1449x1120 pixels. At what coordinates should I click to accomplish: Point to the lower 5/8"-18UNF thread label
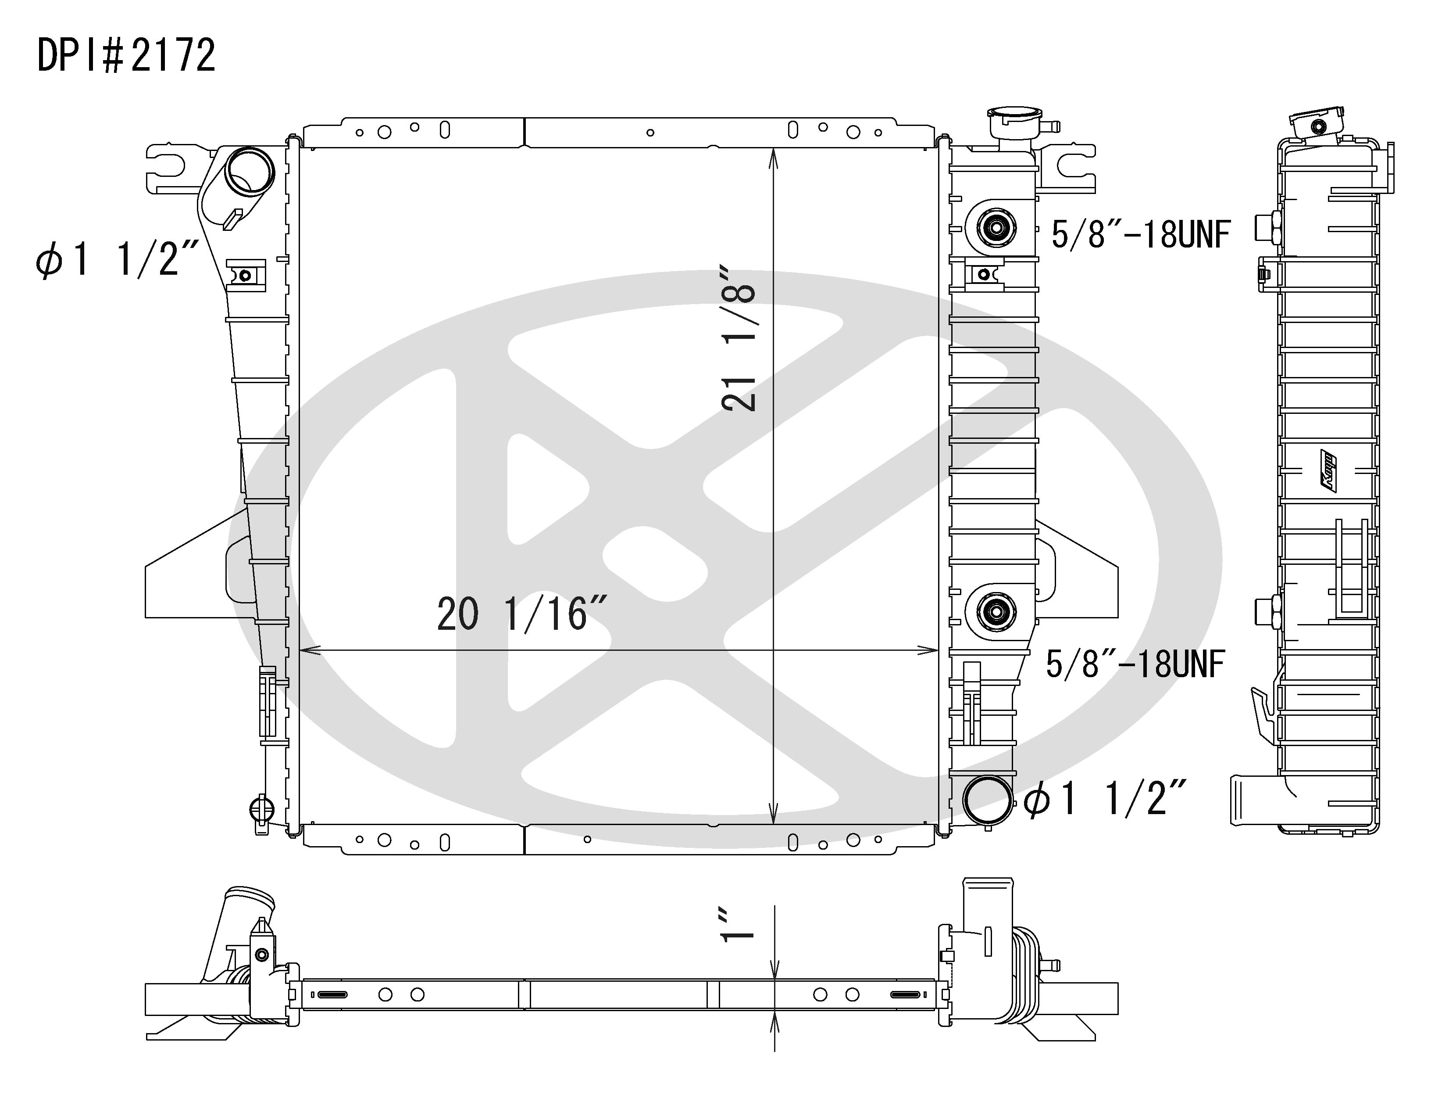[x=1135, y=664]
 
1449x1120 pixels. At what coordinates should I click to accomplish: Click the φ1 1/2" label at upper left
[x=117, y=259]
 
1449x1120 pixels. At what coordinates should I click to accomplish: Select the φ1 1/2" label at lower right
[x=1105, y=798]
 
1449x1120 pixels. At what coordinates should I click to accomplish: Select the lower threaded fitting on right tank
[x=995, y=611]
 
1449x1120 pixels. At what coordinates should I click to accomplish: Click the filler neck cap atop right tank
[x=1013, y=123]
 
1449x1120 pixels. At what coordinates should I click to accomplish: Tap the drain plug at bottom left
[x=261, y=809]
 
